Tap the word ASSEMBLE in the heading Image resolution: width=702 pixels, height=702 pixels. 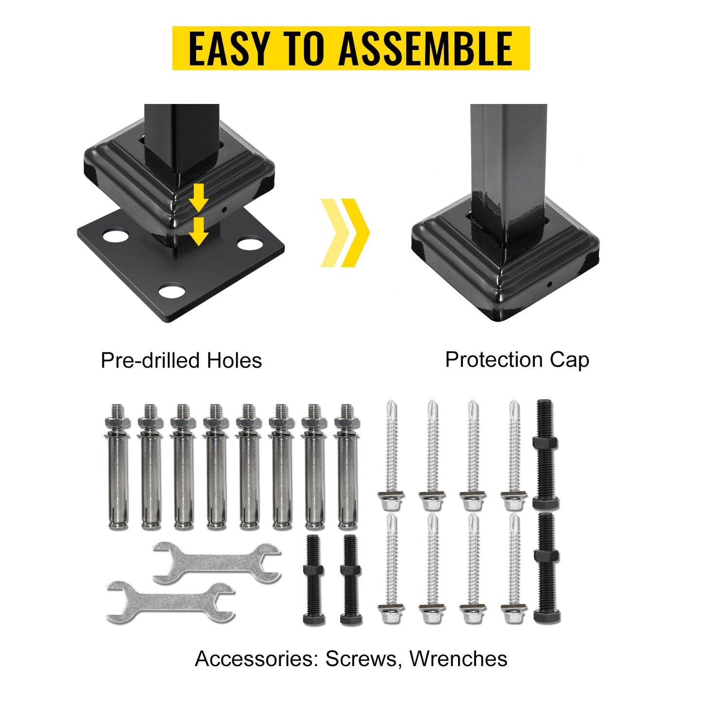click(426, 48)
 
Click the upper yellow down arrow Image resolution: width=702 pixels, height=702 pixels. click(199, 197)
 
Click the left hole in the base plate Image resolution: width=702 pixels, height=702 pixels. click(116, 236)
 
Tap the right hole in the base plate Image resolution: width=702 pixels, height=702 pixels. click(250, 243)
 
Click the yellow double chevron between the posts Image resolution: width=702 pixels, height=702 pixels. click(345, 232)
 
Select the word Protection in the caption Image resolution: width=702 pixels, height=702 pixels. click(494, 360)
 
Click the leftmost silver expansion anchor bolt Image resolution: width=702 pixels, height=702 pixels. click(118, 466)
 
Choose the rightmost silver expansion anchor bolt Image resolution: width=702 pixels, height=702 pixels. click(347, 466)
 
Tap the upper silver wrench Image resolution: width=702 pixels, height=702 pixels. click(217, 563)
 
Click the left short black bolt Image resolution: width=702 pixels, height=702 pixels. click(314, 580)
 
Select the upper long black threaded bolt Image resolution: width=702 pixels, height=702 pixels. click(545, 454)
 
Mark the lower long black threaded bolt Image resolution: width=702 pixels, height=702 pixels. click(547, 568)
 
